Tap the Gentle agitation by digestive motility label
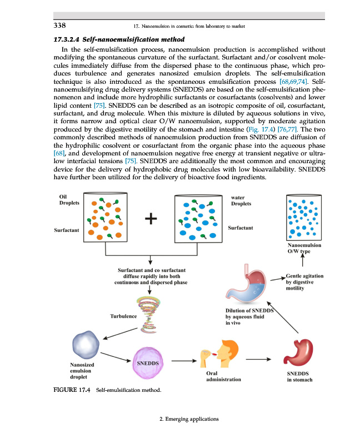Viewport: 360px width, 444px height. pyautogui.click(x=305, y=282)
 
